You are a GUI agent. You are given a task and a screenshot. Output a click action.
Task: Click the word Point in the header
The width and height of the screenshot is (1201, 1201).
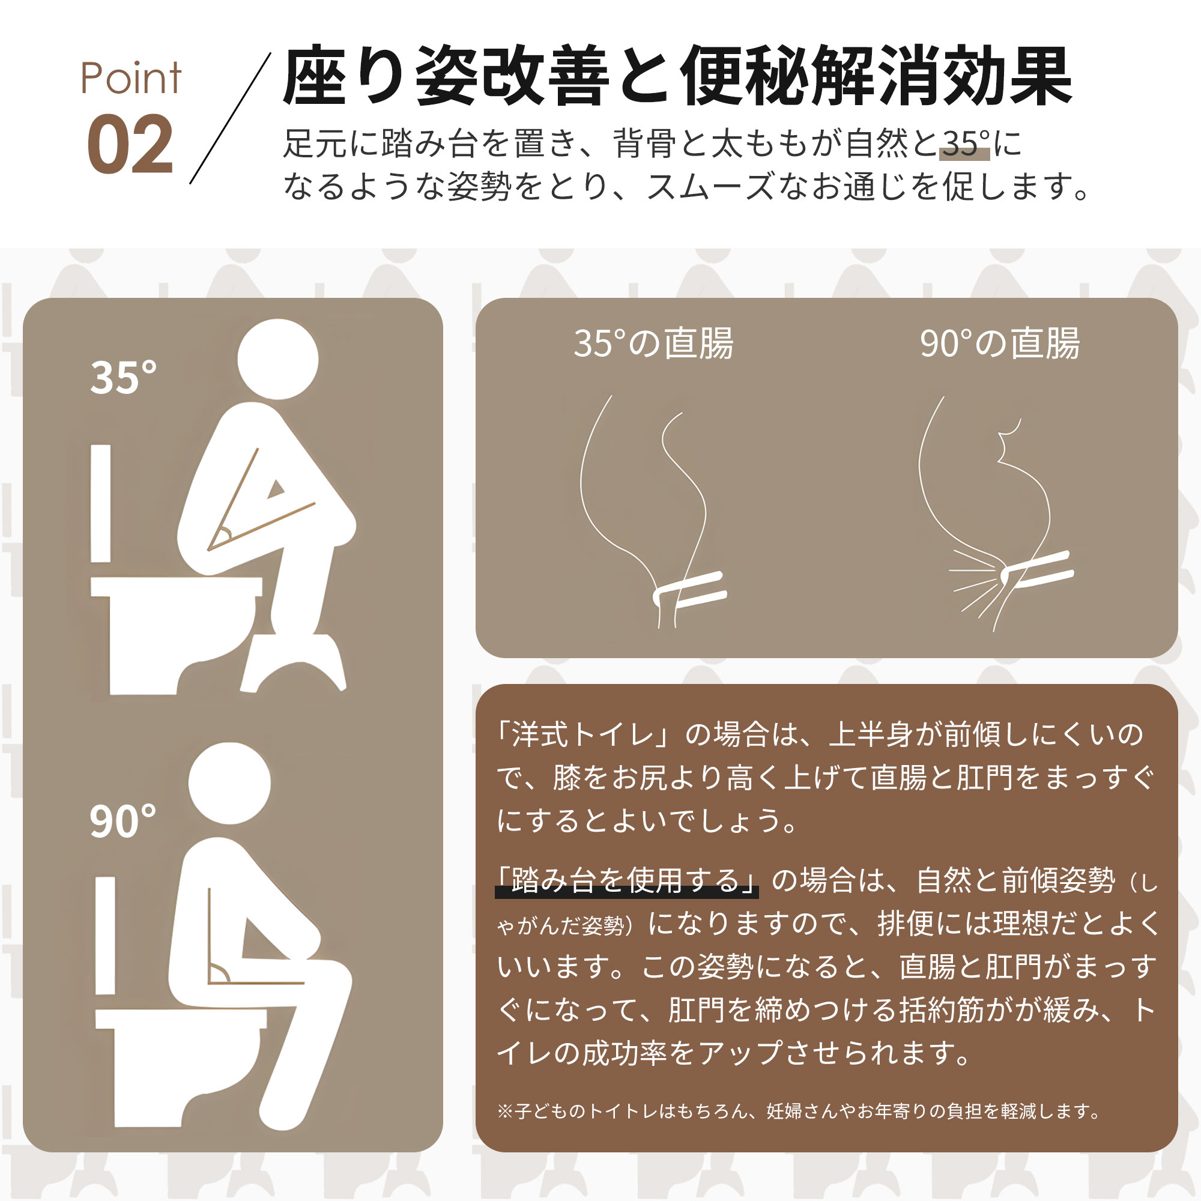click(130, 78)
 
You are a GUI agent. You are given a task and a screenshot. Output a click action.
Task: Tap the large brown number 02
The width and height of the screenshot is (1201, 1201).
click(130, 144)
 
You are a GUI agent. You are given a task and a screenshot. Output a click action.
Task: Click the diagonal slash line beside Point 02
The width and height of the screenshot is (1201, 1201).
click(230, 118)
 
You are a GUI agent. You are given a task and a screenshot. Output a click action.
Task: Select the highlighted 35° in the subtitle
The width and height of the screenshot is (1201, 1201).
click(964, 144)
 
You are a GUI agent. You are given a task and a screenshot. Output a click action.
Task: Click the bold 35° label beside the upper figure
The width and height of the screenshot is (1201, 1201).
click(123, 377)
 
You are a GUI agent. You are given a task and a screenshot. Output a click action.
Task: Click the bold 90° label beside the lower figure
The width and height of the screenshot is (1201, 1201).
click(123, 821)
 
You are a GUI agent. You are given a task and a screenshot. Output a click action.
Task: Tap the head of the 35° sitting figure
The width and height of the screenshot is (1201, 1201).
click(278, 359)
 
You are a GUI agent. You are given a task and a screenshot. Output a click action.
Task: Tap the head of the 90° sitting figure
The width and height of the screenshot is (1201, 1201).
click(229, 783)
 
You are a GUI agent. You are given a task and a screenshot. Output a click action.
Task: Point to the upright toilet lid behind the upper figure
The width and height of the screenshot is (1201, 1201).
click(101, 504)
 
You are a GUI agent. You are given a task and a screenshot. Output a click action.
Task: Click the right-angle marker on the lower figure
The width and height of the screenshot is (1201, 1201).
click(219, 973)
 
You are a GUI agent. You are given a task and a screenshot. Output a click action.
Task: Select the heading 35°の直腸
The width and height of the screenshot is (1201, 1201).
click(653, 343)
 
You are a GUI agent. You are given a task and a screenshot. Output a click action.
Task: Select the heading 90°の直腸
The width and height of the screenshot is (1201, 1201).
click(1000, 343)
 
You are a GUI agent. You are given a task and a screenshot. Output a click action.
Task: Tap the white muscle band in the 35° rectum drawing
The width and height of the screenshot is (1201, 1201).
click(689, 589)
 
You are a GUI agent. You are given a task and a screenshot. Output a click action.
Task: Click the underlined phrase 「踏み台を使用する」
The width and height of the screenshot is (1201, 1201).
click(626, 881)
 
